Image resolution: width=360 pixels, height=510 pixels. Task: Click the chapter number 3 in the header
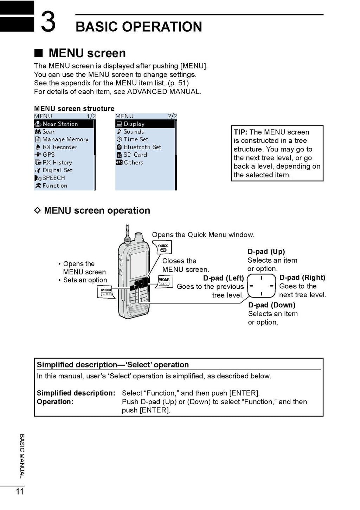click(x=48, y=22)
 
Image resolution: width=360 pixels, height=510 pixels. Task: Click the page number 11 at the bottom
click(x=20, y=491)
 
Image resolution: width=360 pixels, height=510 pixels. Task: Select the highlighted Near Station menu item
click(x=64, y=124)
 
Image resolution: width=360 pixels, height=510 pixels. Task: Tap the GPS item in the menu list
click(x=49, y=155)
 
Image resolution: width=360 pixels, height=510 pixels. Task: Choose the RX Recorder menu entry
click(x=59, y=147)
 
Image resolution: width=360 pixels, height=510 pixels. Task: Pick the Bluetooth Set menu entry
click(x=142, y=147)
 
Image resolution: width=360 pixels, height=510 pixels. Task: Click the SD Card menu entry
click(x=135, y=155)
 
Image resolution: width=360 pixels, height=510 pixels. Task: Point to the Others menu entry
click(x=133, y=163)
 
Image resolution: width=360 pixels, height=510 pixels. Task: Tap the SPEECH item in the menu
click(x=53, y=178)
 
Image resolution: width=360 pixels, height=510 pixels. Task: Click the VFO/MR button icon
click(x=164, y=282)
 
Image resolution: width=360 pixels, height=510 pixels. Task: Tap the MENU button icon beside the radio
click(x=106, y=292)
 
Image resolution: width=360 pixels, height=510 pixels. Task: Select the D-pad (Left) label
click(x=223, y=278)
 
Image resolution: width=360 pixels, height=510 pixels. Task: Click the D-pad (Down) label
click(x=271, y=305)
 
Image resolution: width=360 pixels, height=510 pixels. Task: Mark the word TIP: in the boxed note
click(x=241, y=132)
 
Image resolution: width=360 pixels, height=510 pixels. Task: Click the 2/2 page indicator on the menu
click(x=172, y=116)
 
